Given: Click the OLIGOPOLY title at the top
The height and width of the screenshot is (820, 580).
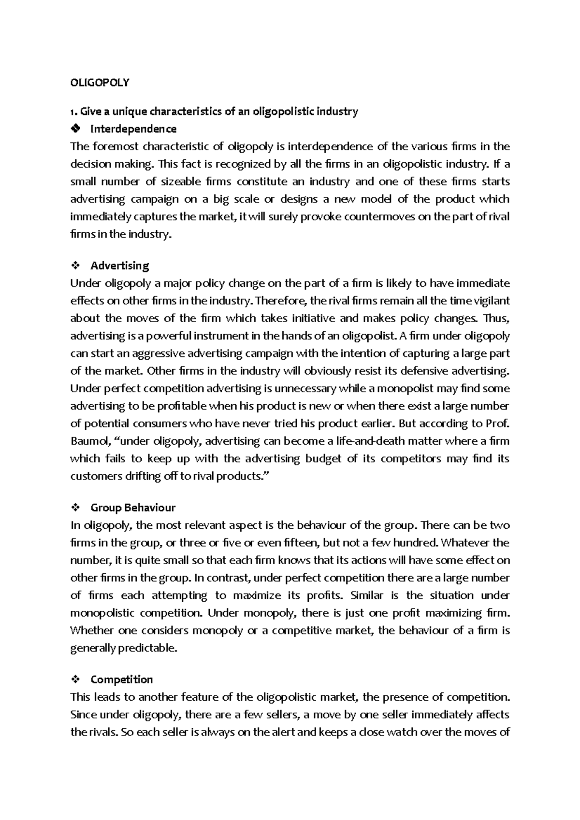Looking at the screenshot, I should pos(100,83).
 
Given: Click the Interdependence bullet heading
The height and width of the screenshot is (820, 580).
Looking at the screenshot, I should pos(133,129).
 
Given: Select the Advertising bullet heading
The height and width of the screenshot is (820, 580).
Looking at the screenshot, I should pos(119,266).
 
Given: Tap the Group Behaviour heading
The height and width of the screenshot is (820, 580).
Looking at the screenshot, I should pos(132,508).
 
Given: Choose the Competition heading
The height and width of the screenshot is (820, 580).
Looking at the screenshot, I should pos(121,679).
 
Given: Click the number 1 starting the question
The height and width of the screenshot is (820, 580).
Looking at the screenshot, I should pos(72,112).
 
